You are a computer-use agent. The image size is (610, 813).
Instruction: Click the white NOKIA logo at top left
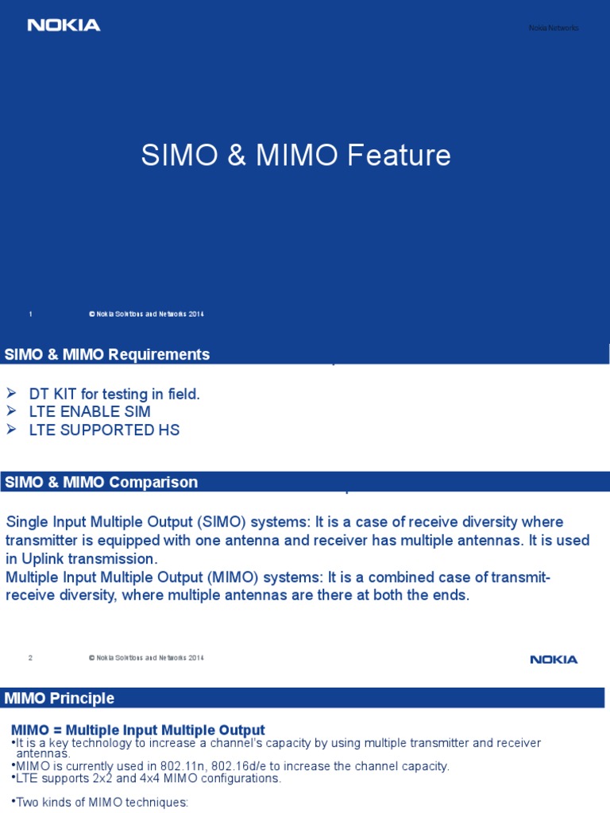(64, 25)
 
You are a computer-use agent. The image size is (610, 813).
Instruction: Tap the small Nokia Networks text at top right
(554, 29)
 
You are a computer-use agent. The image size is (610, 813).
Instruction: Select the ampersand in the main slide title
(236, 156)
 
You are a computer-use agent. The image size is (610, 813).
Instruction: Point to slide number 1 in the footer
(30, 314)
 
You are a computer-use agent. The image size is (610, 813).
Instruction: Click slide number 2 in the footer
(30, 657)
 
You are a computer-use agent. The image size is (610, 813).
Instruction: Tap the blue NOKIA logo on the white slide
(554, 659)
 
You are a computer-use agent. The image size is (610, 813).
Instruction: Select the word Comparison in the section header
(153, 482)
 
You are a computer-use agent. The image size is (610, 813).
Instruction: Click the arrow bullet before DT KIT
(11, 392)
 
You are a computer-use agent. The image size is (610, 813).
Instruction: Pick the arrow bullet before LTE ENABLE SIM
(11, 411)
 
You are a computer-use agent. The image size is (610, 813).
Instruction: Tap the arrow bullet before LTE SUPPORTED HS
(11, 430)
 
